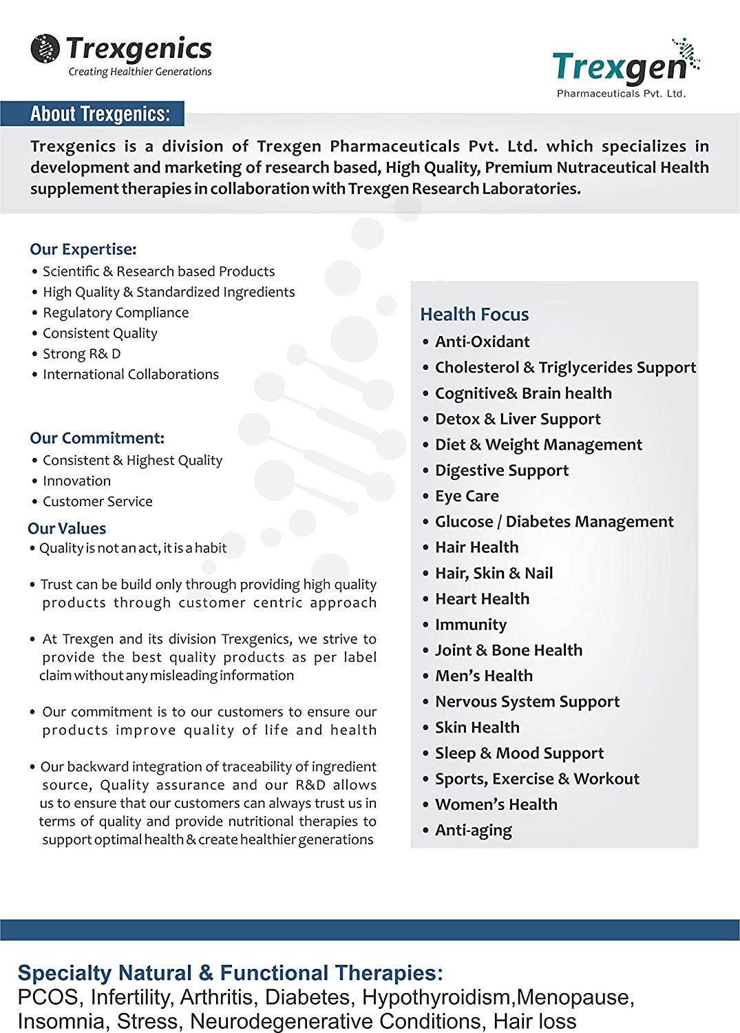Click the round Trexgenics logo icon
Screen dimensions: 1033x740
click(45, 49)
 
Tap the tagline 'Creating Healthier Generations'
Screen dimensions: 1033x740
click(140, 72)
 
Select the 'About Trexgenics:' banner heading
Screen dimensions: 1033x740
click(100, 114)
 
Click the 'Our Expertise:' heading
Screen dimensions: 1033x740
click(83, 249)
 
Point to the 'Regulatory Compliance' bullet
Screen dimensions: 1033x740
click(116, 313)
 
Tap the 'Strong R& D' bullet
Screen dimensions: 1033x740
click(81, 354)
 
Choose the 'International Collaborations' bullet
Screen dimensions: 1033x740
click(130, 375)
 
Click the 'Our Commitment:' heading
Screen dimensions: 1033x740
click(97, 438)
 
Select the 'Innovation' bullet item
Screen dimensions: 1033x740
click(76, 481)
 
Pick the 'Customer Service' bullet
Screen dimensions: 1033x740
click(97, 501)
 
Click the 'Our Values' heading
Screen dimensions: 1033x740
click(67, 528)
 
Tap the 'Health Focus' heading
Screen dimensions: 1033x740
click(474, 314)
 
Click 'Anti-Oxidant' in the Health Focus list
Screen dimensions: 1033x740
click(482, 342)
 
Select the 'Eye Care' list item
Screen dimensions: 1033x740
click(467, 496)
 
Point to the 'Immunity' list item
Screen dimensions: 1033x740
click(471, 625)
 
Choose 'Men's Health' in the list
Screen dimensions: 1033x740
click(484, 676)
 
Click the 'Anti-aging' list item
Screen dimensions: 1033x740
click(474, 830)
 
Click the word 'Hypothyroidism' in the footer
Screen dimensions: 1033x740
click(437, 997)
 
